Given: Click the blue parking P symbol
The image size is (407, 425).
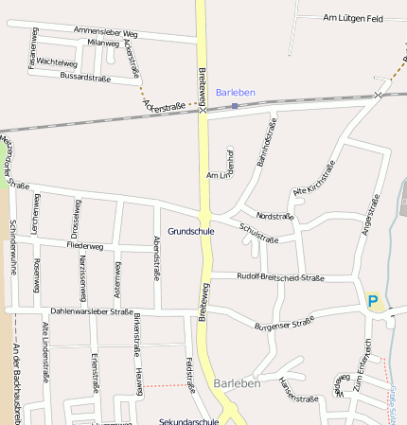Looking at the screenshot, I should (x=373, y=301).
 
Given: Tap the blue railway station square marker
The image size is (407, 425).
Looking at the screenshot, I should (x=235, y=106).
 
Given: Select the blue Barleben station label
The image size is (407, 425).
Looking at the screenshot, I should (x=235, y=92).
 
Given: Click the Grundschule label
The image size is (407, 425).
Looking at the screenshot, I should (x=190, y=231).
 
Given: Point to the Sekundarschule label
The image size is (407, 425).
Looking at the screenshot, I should (x=189, y=421).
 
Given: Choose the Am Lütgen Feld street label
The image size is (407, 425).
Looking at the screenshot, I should (x=352, y=18).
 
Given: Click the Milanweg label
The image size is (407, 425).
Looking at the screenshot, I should (x=103, y=44).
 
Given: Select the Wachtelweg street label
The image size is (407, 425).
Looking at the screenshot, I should (x=57, y=62).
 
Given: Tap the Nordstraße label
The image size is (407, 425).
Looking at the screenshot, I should (x=275, y=217).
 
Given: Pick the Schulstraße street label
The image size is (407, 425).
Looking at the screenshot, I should (x=259, y=233).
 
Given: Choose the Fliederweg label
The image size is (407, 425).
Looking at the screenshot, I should (x=85, y=246).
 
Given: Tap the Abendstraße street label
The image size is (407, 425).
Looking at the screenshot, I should (x=155, y=258).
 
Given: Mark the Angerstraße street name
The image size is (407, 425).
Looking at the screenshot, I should (x=369, y=215).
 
